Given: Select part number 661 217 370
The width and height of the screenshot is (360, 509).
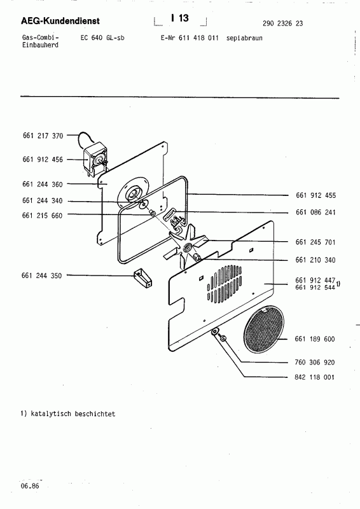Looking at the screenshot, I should click(x=42, y=136).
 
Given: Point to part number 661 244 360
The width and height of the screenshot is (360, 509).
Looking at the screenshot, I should click(x=42, y=185).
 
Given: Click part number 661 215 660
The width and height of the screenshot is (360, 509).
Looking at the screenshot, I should click(x=42, y=215).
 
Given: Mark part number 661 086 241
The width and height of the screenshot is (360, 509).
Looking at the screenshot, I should click(x=315, y=212).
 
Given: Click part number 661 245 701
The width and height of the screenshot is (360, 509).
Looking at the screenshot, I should click(x=315, y=242).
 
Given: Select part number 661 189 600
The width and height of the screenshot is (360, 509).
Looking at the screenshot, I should click(x=315, y=339).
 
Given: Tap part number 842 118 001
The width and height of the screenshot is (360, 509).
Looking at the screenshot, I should click(x=315, y=377).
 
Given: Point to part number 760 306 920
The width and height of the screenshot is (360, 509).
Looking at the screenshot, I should click(x=315, y=362).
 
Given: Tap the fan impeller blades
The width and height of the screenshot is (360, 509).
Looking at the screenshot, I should click(x=188, y=246).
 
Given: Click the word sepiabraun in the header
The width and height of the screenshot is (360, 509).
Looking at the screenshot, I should click(x=244, y=38).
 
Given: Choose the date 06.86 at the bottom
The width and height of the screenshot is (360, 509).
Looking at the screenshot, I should click(x=29, y=485).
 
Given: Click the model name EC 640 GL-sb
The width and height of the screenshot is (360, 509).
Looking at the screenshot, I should click(x=103, y=38).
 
